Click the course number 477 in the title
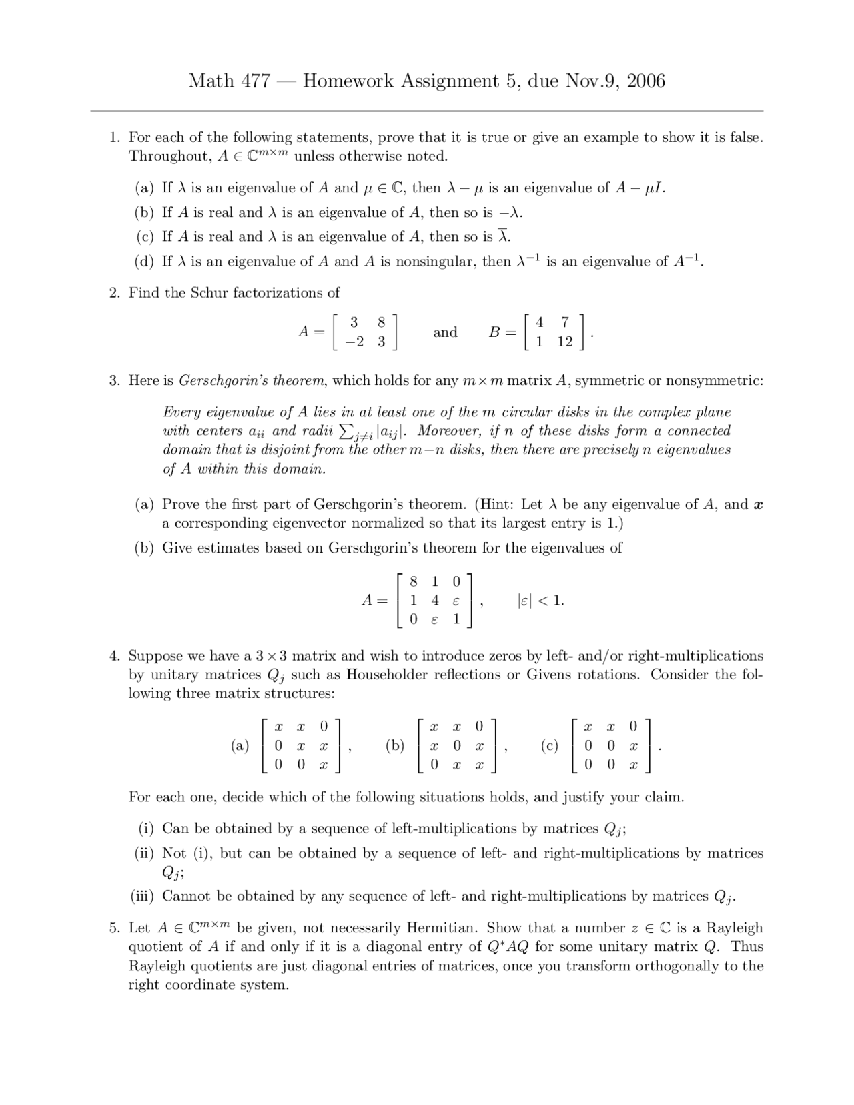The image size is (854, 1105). click(257, 81)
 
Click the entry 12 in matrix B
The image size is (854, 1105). click(564, 342)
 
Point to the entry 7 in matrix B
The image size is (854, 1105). click(564, 322)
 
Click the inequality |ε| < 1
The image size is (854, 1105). click(540, 601)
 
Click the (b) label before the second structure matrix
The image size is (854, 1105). click(395, 746)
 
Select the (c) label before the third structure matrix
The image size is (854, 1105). click(550, 746)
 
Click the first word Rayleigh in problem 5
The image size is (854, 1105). click(735, 928)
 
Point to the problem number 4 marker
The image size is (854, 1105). click(114, 656)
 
